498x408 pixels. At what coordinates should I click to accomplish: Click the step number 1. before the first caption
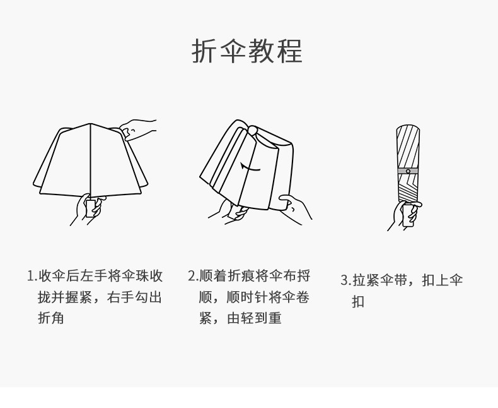(32, 276)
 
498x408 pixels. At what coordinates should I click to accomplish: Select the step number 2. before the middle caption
(193, 276)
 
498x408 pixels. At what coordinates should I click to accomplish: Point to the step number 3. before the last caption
(345, 280)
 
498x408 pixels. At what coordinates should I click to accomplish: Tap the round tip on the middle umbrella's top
(252, 131)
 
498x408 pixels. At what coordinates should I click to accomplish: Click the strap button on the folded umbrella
(408, 171)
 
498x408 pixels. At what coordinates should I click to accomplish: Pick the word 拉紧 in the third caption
(367, 280)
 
